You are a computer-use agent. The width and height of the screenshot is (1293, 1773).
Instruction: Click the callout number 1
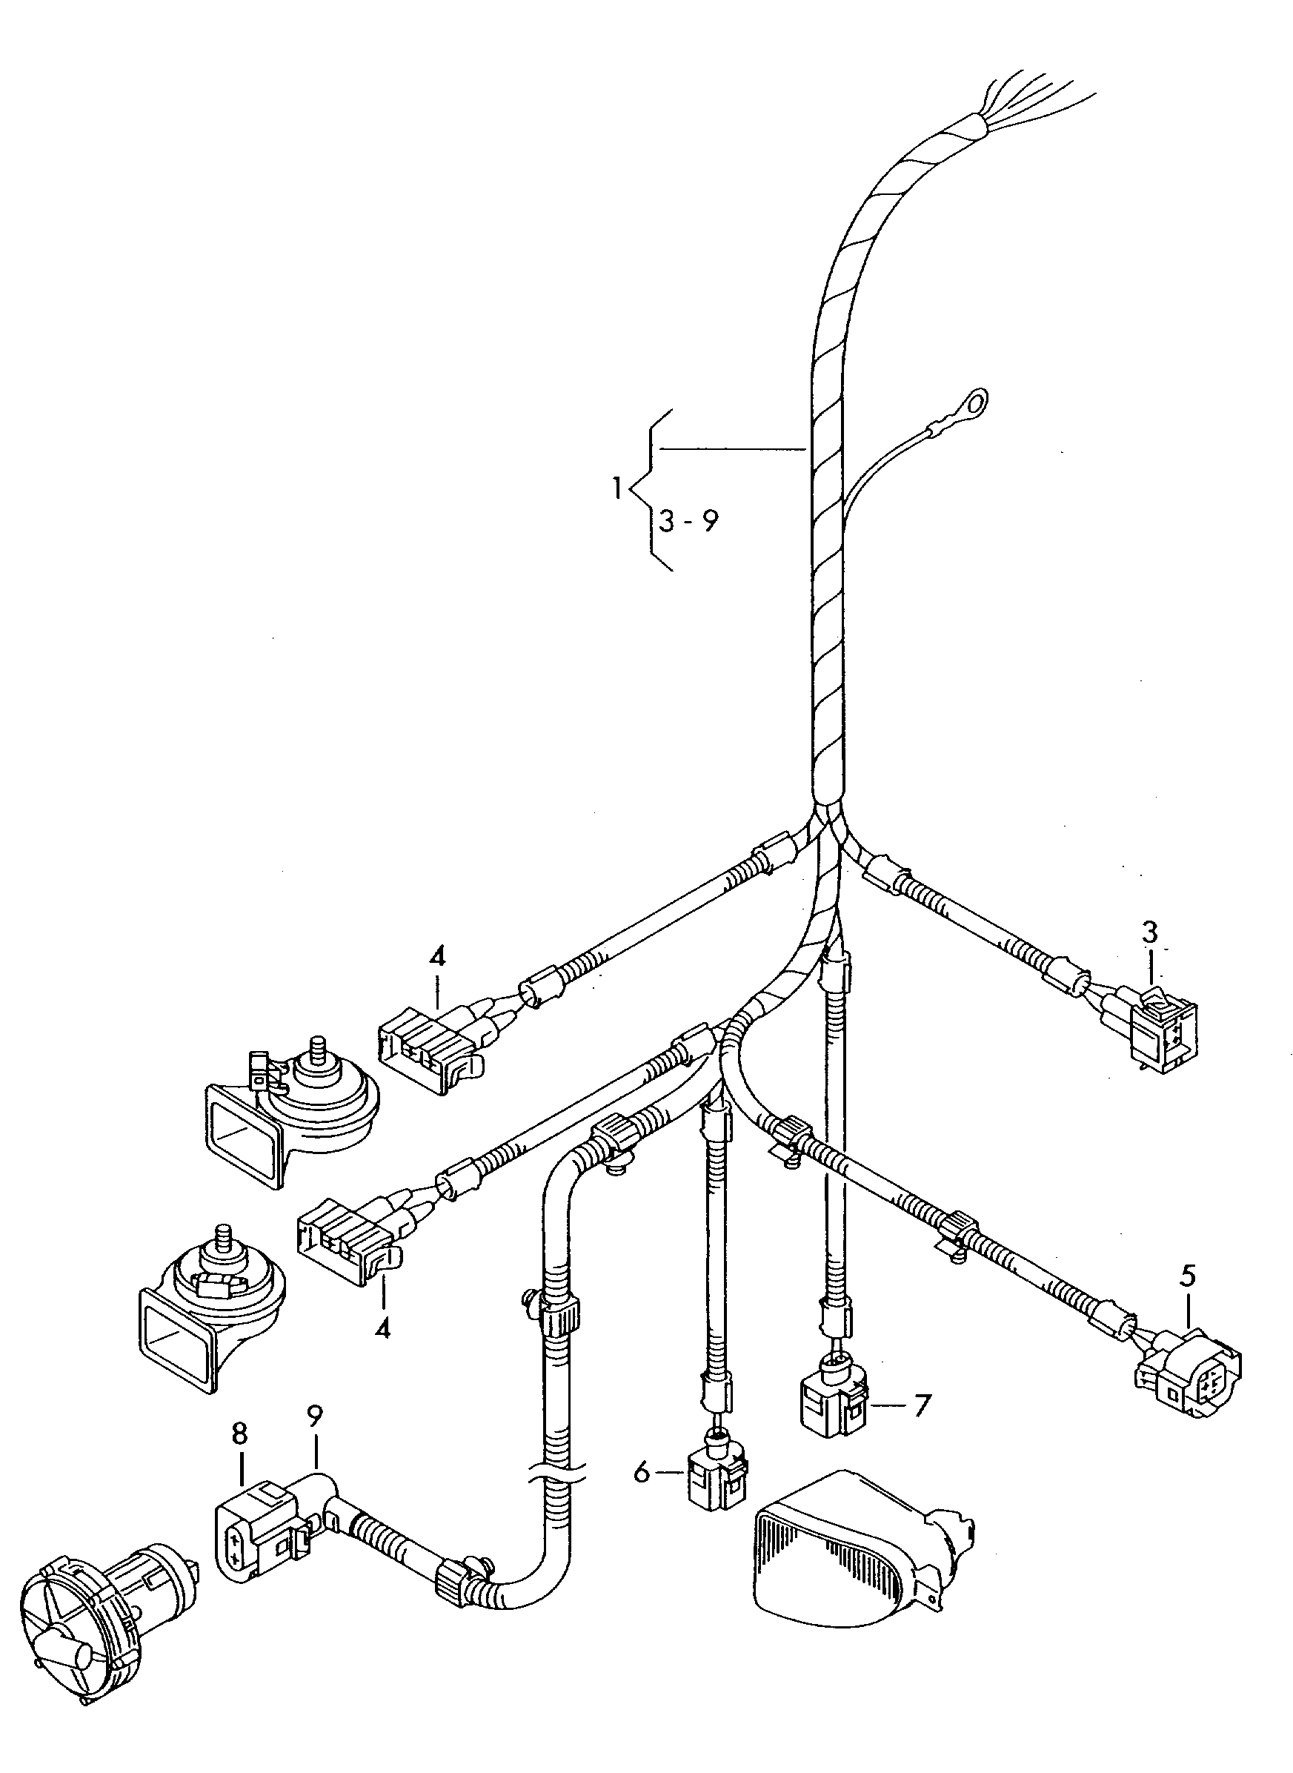tap(616, 490)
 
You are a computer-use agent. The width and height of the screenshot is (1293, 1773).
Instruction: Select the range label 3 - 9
tap(688, 520)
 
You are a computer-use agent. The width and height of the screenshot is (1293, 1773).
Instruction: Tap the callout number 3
tap(1149, 932)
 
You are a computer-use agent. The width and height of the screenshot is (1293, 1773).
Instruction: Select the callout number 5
tap(1187, 1276)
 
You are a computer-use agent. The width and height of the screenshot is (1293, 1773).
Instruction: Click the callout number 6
tap(642, 1474)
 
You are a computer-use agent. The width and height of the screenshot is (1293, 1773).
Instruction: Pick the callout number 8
tap(239, 1434)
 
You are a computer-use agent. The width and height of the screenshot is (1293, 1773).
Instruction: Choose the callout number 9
tap(315, 1415)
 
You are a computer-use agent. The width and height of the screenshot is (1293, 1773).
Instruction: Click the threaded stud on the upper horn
tap(319, 1047)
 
